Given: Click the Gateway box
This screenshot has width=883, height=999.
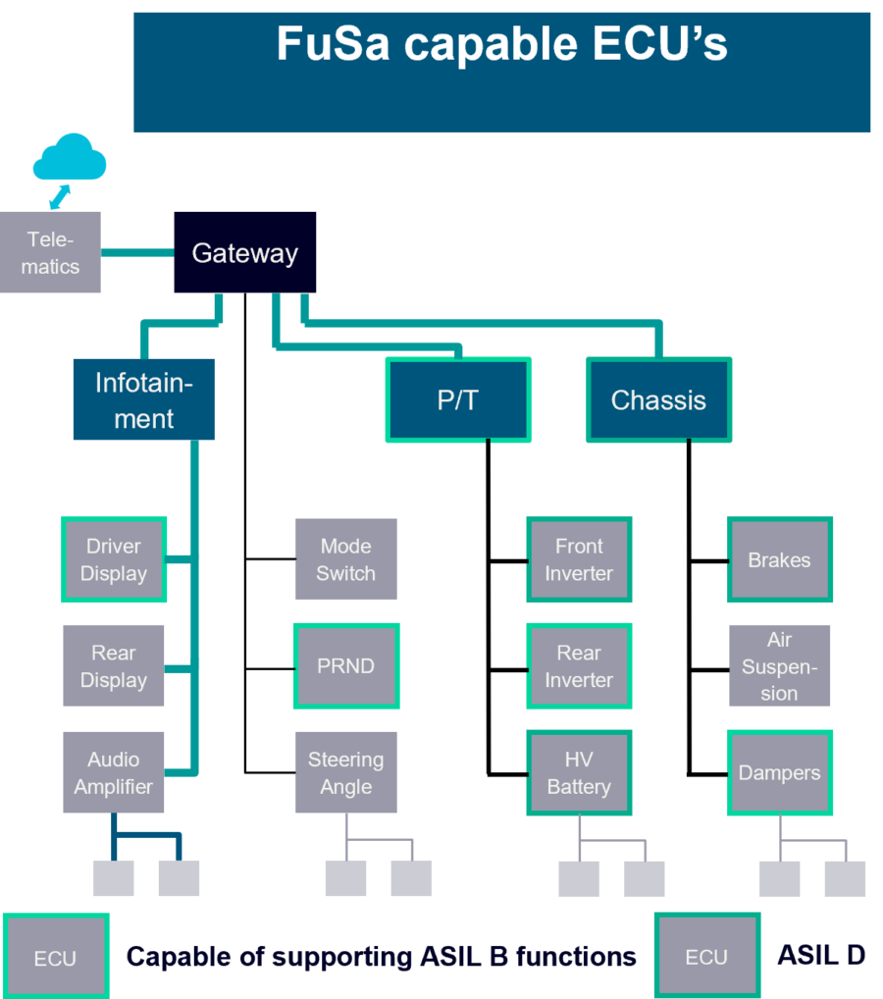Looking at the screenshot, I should pos(245,252).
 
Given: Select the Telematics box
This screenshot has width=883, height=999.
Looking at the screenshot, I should pos(50,252).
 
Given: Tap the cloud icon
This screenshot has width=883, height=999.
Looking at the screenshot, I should pos(69,159).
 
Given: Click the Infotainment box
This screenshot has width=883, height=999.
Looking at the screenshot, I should pos(143,399).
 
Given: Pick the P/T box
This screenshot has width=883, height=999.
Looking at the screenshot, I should pos(458,399).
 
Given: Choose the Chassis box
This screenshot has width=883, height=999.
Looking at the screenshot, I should pos(658,399).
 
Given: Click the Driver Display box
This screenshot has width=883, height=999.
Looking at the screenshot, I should pos(114,559).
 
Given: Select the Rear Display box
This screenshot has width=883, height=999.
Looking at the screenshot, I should pos(114,666).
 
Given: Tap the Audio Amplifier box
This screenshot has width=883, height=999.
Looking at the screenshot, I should pos(114,772).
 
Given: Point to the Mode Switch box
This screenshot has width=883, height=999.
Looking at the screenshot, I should pos(346,559).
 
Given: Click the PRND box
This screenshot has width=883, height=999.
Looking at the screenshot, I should pos(346,665).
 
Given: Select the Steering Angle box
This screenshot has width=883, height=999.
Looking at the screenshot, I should pos(346,772).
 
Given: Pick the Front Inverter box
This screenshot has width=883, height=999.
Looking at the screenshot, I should pos(579,559).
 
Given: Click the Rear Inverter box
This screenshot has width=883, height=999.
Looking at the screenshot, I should pos(579,665).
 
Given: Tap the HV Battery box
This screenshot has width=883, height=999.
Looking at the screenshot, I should pos(579,772).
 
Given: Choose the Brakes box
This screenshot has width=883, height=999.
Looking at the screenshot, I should pos(780,559).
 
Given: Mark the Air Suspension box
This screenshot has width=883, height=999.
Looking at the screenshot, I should pos(780,665).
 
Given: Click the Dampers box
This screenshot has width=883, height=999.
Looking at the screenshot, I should pos(780,772).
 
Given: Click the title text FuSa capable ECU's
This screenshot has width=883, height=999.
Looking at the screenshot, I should pos(501,44).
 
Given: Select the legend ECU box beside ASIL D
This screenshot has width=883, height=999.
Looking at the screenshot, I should pos(706,956).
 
